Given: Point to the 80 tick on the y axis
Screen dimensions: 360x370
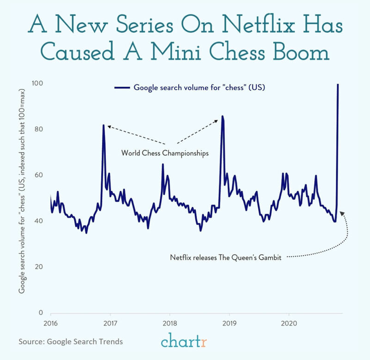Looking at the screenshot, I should pos(39,129).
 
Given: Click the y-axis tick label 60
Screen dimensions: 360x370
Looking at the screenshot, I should pos(39,175).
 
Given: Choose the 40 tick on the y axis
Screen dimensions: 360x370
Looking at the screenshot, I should pos(39,221).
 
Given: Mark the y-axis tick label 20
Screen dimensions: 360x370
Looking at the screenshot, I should pos(39,267).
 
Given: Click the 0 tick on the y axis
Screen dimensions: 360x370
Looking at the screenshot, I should pos(41,313).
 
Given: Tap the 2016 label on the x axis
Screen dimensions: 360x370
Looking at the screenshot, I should pos(50,323).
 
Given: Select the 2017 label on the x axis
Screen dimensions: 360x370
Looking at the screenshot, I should pos(110,323).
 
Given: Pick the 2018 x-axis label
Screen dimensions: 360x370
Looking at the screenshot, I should pos(169,323).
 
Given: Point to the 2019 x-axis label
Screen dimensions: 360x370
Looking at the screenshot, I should pos(229,323).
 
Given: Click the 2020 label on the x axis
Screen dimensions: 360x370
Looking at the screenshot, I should pos(289,323).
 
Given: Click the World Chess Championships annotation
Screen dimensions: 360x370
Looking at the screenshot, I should pos(165,153).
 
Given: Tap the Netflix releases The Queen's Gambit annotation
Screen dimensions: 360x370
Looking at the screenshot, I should pos(225,257).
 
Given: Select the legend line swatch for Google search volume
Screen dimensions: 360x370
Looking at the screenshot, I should pos(122,87).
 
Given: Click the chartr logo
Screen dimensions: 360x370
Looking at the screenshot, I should pos(184,341).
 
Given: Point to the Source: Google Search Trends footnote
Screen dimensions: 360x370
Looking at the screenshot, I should pos(71,342).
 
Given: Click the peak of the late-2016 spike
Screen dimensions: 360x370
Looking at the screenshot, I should pos(103,125).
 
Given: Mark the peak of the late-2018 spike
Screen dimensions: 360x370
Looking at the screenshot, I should pos(223,116).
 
